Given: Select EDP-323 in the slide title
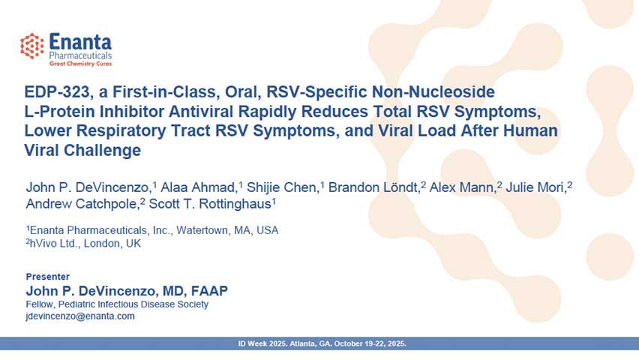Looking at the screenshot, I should (x=52, y=92).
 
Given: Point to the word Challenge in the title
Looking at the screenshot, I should (x=105, y=150).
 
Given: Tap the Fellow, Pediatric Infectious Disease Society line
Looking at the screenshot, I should (x=117, y=304).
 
